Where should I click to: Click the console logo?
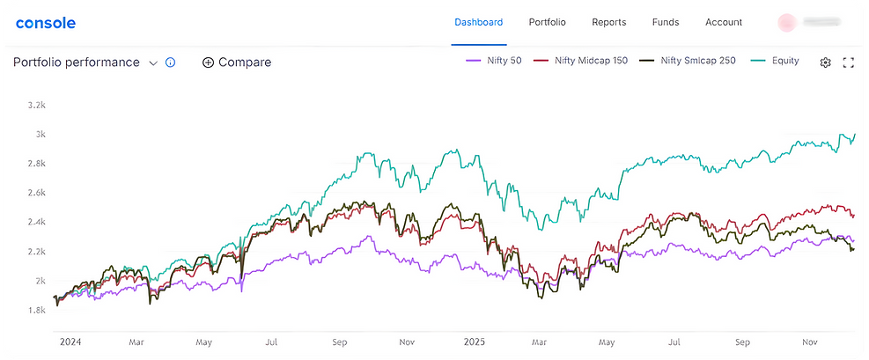click(x=46, y=23)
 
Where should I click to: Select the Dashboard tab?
click(x=478, y=22)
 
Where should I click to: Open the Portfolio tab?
click(x=547, y=22)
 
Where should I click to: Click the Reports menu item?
click(x=608, y=22)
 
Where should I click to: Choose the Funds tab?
click(x=666, y=22)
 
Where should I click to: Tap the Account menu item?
click(x=724, y=22)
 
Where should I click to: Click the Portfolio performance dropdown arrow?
click(x=153, y=62)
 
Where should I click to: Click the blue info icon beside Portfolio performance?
click(x=171, y=62)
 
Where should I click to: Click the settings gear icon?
click(x=825, y=62)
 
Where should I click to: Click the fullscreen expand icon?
click(x=849, y=62)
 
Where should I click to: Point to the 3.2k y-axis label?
click(x=36, y=105)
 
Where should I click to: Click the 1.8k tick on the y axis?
click(x=36, y=310)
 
